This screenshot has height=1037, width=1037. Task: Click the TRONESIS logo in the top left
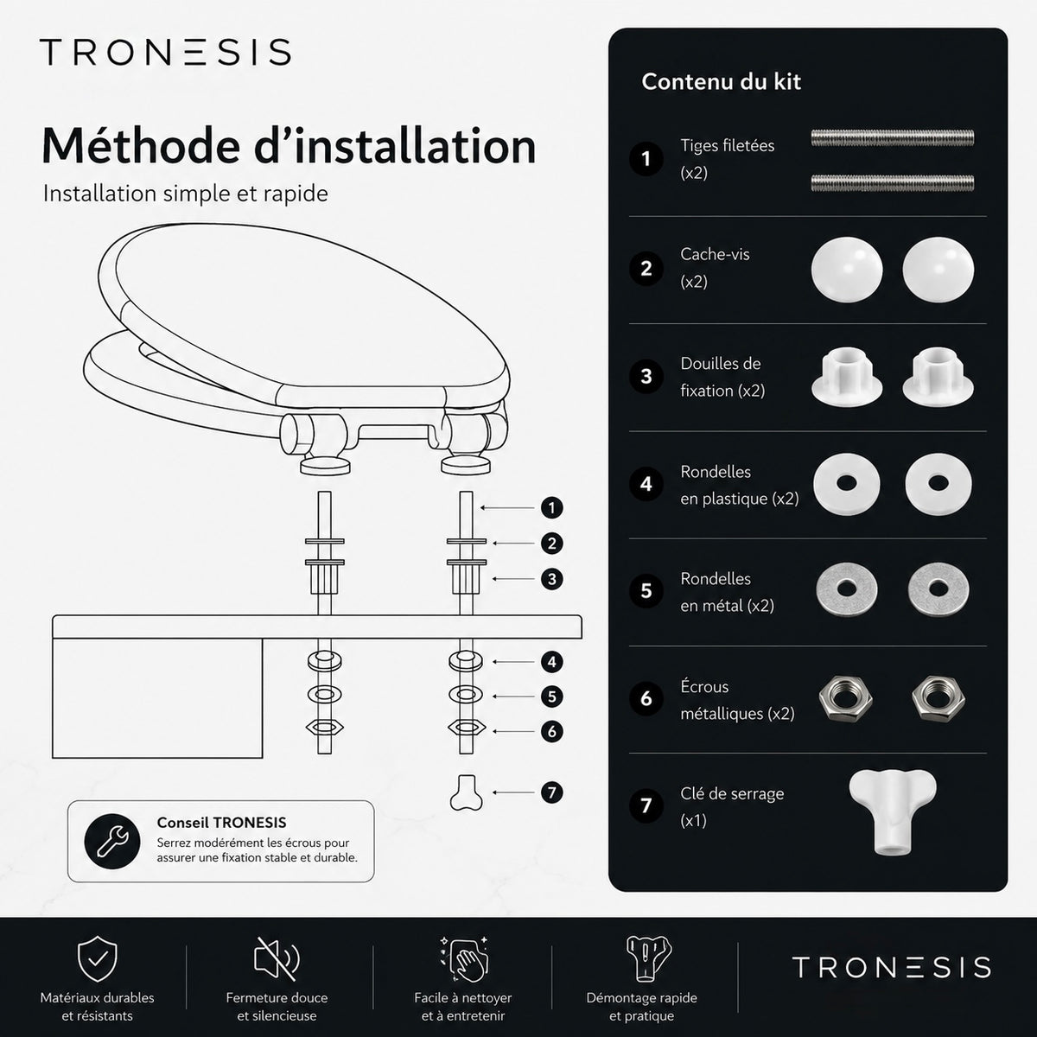[x=165, y=52]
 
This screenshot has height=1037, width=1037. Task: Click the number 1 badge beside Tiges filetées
[x=646, y=159]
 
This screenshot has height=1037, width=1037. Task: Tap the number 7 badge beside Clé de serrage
[x=646, y=805]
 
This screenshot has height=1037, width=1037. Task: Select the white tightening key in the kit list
[x=892, y=811]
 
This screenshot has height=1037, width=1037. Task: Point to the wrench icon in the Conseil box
[x=112, y=842]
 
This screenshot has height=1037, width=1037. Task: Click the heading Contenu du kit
[x=721, y=82]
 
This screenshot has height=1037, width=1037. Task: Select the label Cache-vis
[x=715, y=254]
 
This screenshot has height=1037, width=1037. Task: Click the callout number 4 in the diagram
[x=551, y=662]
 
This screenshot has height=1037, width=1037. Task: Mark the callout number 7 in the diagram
[x=551, y=792]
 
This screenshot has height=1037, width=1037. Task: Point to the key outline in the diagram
[x=466, y=792]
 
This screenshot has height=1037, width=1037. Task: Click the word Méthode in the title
[x=141, y=146]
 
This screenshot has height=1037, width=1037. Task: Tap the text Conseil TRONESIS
[x=222, y=823]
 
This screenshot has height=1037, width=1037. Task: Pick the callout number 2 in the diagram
[x=551, y=544]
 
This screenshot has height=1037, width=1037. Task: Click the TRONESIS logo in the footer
[x=891, y=967]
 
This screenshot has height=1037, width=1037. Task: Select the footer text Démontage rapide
[x=641, y=998]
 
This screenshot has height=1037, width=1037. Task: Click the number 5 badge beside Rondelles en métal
[x=646, y=591]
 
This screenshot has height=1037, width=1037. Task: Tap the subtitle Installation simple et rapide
[x=186, y=194]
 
